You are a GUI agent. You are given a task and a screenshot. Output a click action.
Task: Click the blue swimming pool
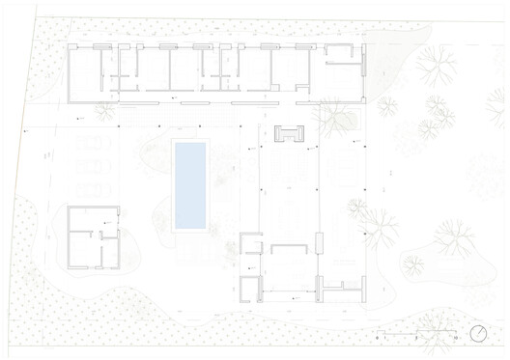190,184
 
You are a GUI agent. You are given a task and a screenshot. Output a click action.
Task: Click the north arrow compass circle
478,334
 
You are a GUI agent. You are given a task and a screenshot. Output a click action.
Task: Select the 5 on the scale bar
416,339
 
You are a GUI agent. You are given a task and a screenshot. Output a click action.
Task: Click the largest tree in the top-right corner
438,68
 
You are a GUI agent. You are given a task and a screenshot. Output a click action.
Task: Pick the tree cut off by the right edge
489,174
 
